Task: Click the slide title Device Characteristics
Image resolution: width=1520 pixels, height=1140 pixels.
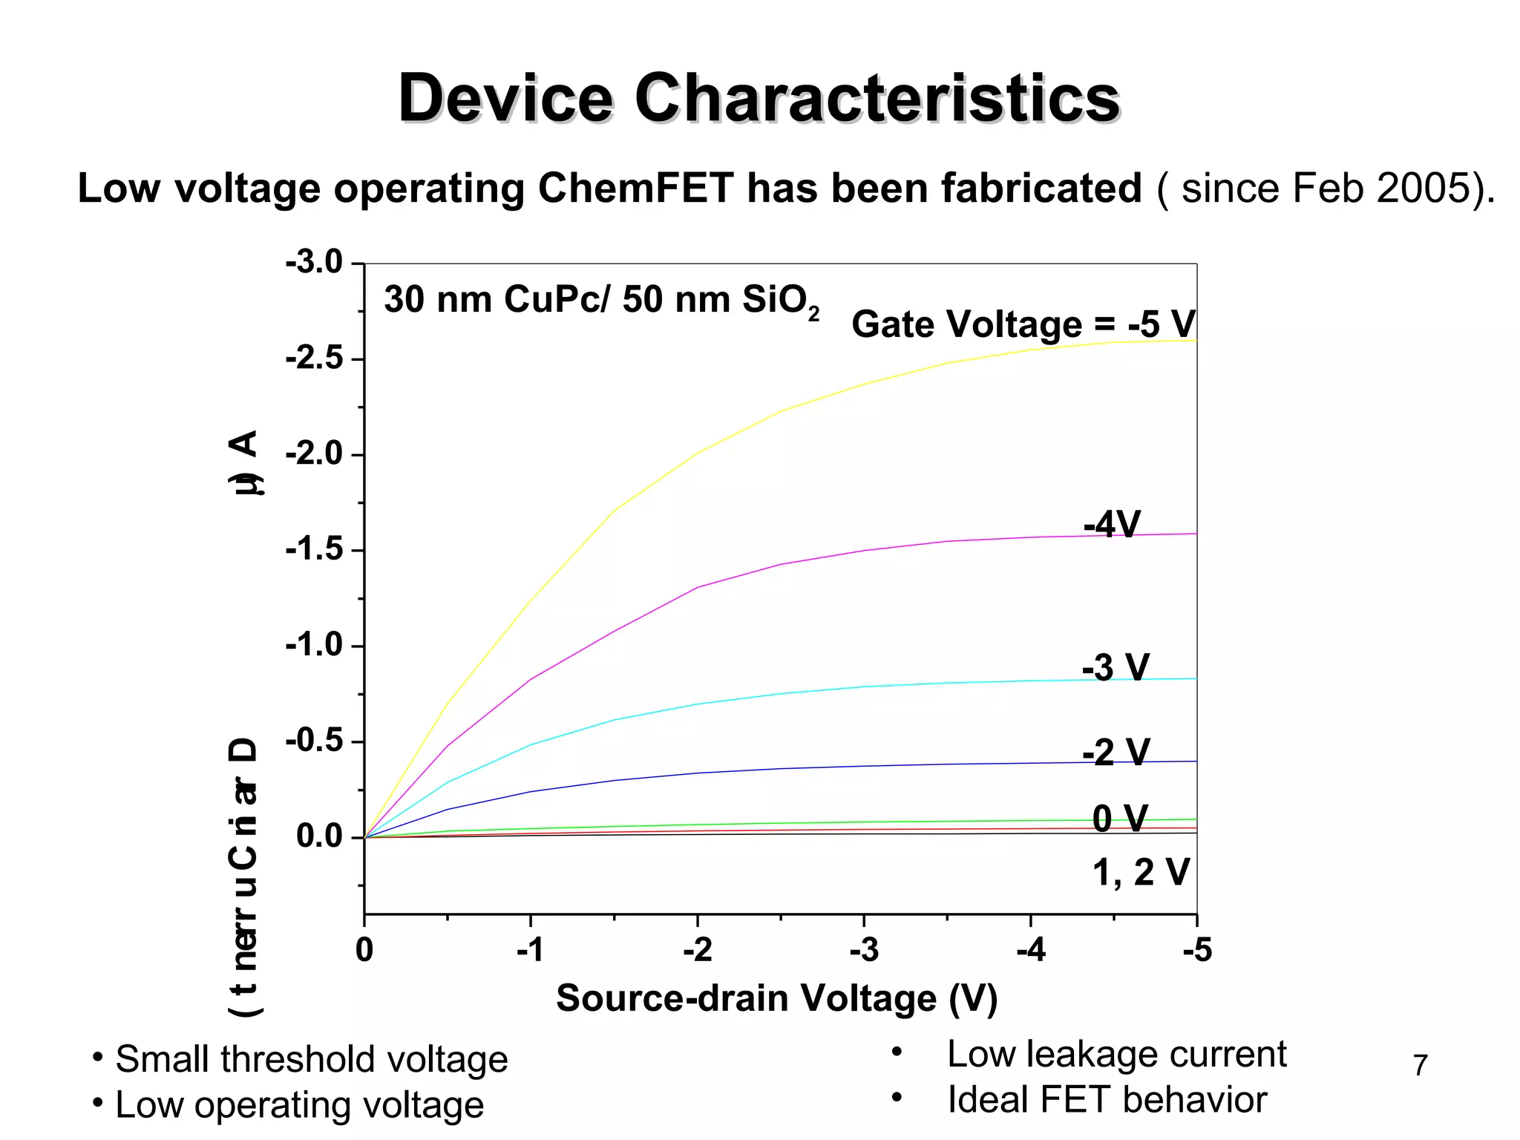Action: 759,99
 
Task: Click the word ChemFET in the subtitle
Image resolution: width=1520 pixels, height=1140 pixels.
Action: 635,188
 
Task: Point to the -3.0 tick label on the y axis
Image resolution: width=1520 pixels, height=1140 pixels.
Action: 314,263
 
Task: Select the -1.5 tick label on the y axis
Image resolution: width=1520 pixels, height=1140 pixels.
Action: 314,550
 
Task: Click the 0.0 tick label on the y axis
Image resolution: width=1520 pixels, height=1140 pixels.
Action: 319,836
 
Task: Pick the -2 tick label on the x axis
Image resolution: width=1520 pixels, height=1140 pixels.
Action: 697,950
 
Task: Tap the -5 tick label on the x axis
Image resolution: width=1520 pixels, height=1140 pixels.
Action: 1196,950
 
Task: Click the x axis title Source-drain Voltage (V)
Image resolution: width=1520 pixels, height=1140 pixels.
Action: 776,998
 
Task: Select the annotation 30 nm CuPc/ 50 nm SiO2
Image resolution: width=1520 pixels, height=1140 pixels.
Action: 601,301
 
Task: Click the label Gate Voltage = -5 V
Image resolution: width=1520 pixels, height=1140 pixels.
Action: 1023,324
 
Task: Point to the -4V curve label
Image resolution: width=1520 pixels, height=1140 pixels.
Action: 1111,525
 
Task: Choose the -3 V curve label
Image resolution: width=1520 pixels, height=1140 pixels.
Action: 1116,667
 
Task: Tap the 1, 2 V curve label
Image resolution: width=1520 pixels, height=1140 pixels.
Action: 1141,872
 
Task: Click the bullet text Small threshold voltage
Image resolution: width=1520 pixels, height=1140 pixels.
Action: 311,1059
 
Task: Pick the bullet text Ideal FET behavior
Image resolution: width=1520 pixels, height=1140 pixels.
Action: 1107,1100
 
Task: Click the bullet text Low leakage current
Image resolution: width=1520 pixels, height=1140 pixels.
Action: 1116,1054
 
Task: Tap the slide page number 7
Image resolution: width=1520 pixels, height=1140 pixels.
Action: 1420,1066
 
